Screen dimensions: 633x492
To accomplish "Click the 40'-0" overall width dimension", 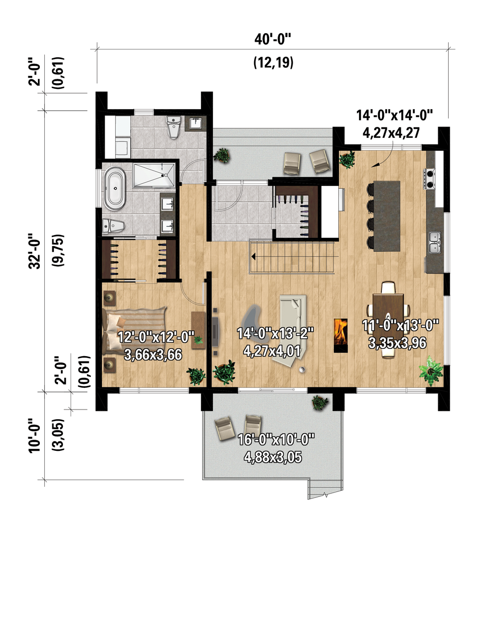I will pyautogui.click(x=272, y=39).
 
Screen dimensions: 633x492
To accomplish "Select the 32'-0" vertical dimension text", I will pyautogui.click(x=35, y=251).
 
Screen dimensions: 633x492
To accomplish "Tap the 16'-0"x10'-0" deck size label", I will pyautogui.click(x=276, y=439).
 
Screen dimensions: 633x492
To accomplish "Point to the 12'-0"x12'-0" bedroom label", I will pyautogui.click(x=156, y=337).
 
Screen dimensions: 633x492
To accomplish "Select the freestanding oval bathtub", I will pyautogui.click(x=115, y=188).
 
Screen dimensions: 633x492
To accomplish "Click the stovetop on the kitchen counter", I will pyautogui.click(x=430, y=179).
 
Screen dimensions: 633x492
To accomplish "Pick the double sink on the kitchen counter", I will pyautogui.click(x=434, y=242).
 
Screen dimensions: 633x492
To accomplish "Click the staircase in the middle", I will pyautogui.click(x=292, y=257).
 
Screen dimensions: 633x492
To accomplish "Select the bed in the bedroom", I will pyautogui.click(x=135, y=331).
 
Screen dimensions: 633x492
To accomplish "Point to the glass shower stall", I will pyautogui.click(x=154, y=175).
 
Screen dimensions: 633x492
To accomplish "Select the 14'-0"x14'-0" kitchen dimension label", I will pyautogui.click(x=394, y=115).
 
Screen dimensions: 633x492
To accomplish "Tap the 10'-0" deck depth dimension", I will pyautogui.click(x=35, y=435).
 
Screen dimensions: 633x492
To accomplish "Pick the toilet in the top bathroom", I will pyautogui.click(x=173, y=127).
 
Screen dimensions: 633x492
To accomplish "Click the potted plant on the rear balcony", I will pyautogui.click(x=222, y=155).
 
